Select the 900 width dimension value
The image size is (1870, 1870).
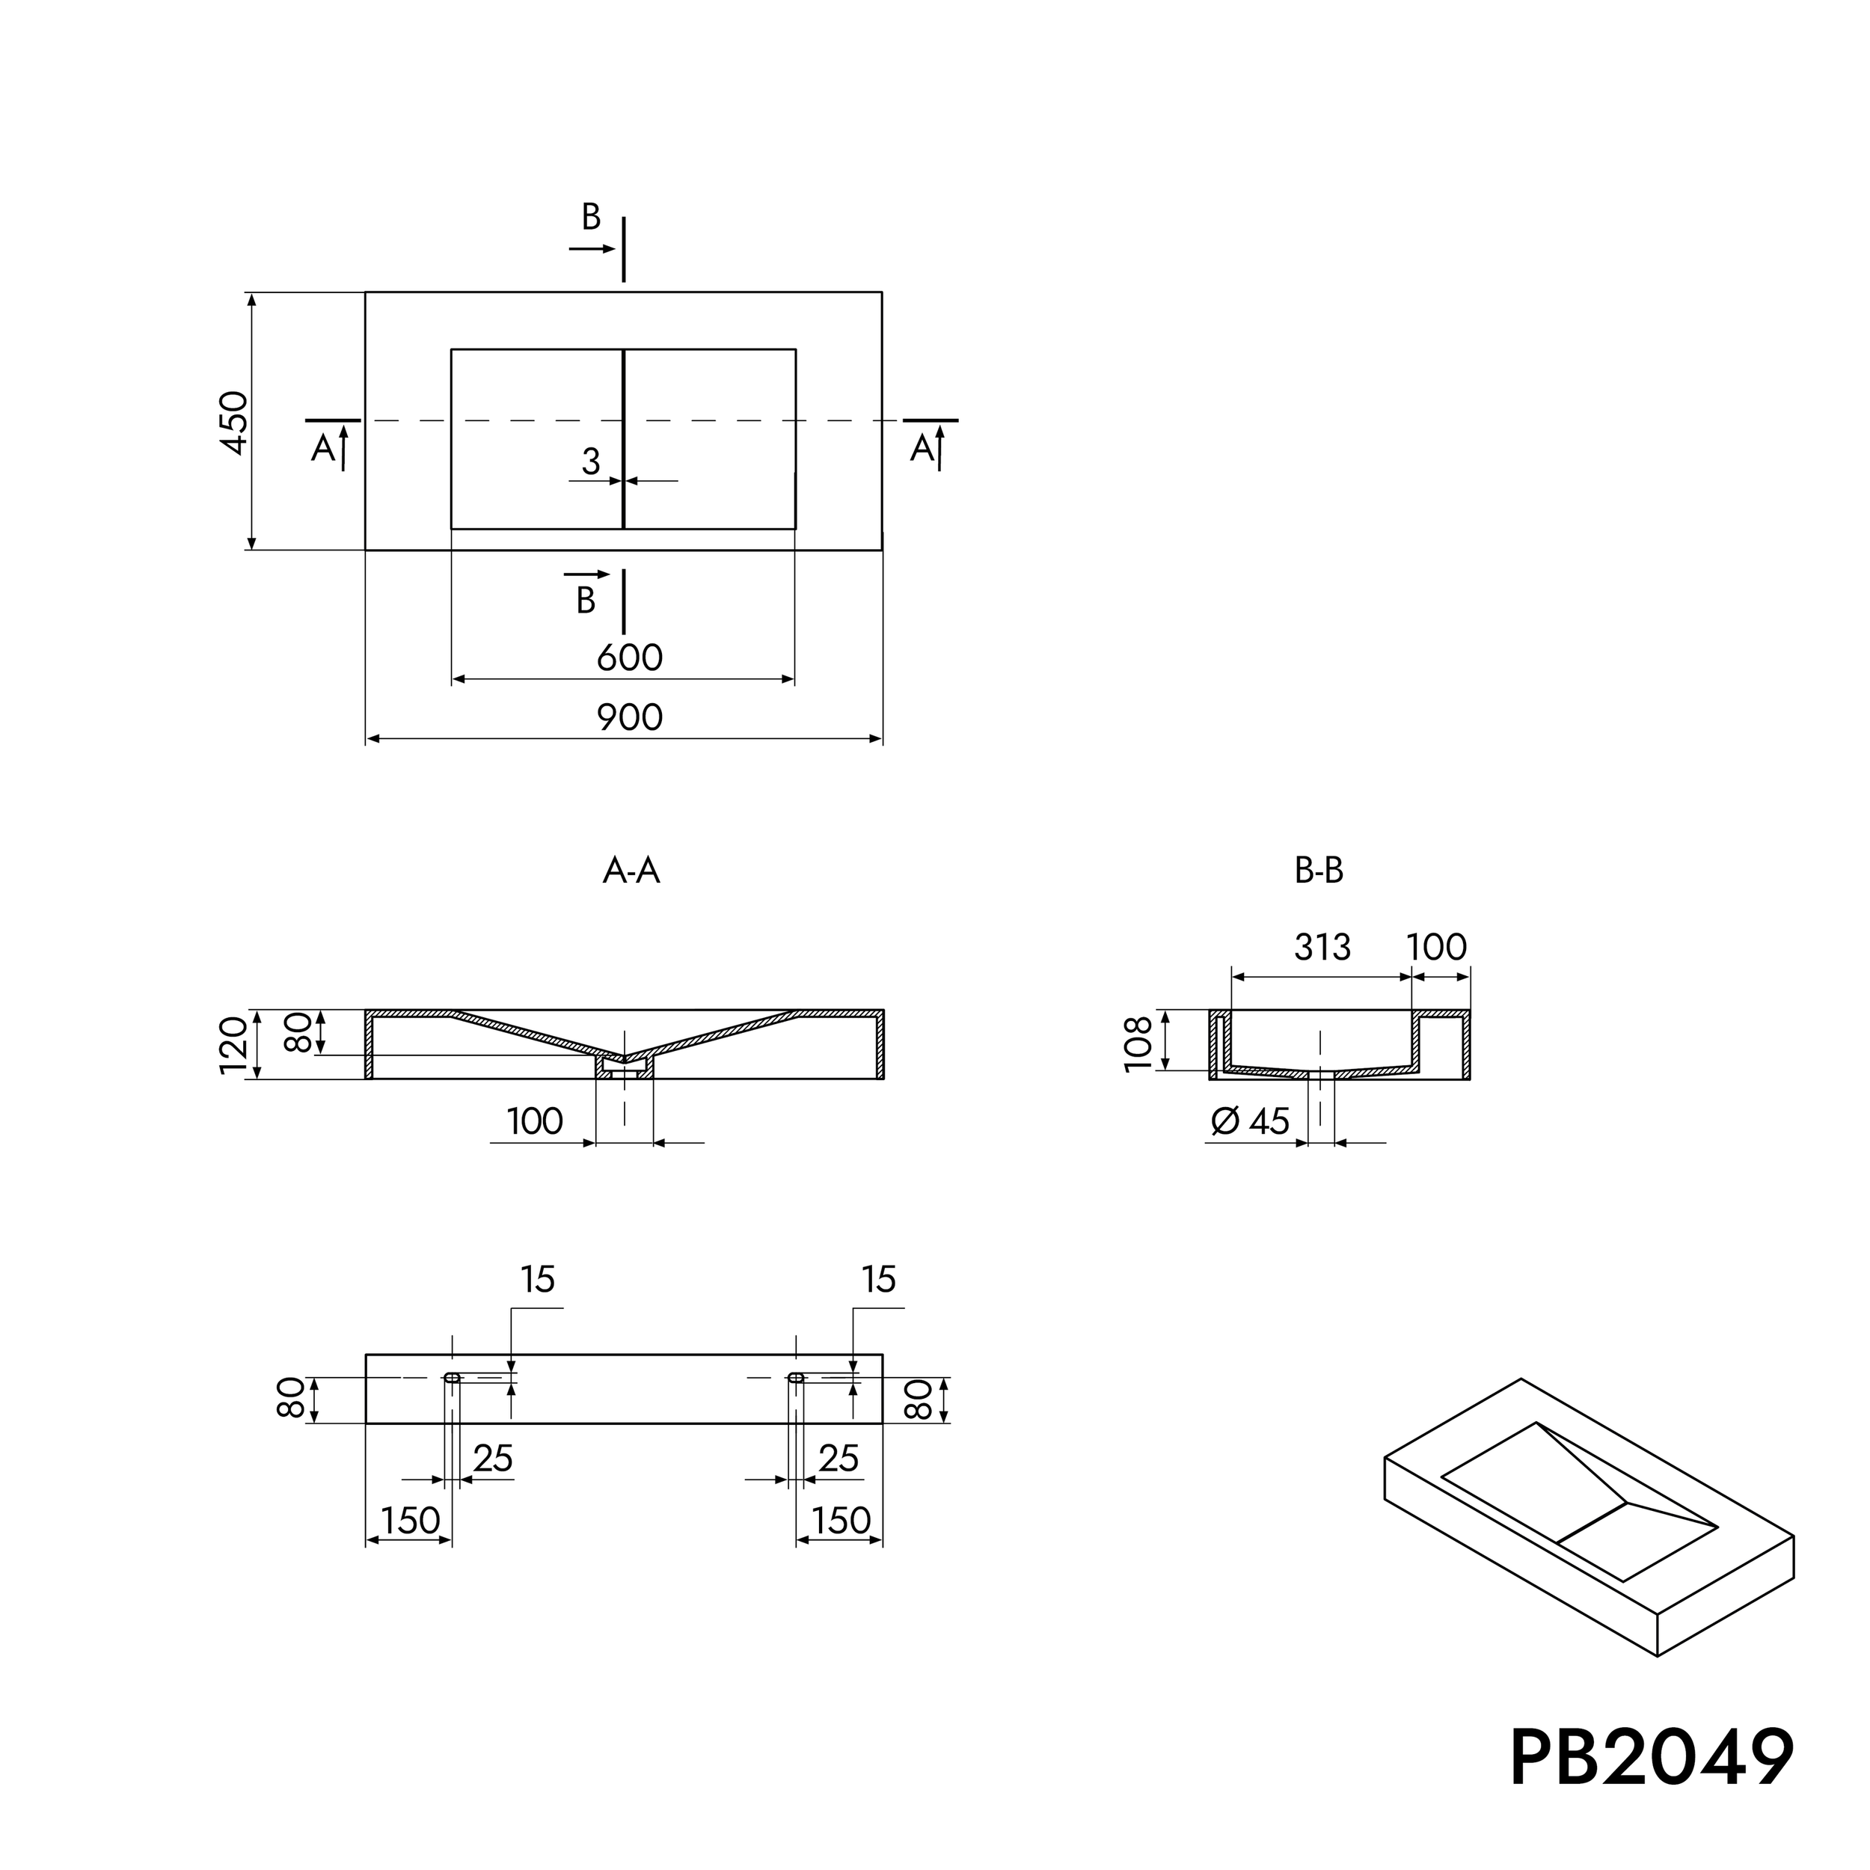[x=629, y=717]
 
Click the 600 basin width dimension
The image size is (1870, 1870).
[x=629, y=658]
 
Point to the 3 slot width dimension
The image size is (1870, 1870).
[x=590, y=462]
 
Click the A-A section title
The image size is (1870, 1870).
[x=631, y=871]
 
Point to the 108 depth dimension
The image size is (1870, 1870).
[x=1139, y=1043]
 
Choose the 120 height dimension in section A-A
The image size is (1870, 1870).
[x=233, y=1046]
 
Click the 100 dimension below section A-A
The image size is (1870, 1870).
[x=534, y=1121]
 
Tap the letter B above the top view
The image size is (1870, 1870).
[x=590, y=218]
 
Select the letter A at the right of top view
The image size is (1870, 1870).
[x=922, y=448]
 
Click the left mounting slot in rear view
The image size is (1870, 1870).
[x=452, y=1377]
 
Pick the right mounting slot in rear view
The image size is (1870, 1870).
[x=796, y=1377]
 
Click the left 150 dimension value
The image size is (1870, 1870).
[x=411, y=1521]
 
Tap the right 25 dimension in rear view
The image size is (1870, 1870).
[x=839, y=1459]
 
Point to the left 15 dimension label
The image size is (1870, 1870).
[x=537, y=1280]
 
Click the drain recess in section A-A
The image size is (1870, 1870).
[x=625, y=1064]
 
